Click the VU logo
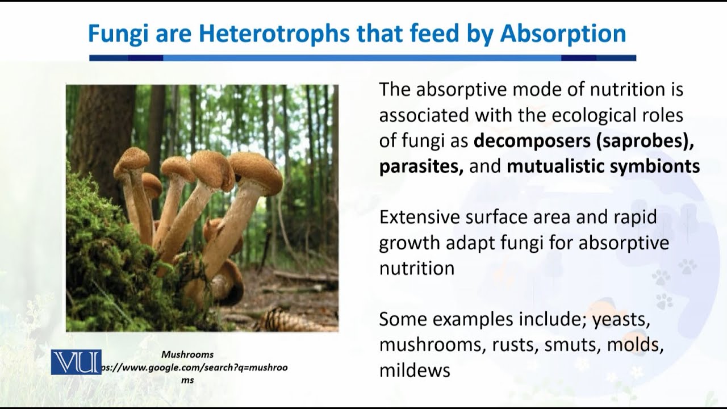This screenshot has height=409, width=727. [x=76, y=362]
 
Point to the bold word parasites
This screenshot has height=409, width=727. [x=421, y=167]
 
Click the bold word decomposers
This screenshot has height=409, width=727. [x=532, y=141]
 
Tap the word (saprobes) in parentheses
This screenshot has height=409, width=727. [x=645, y=141]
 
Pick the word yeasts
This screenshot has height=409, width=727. [x=621, y=320]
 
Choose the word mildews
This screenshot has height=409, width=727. [x=415, y=370]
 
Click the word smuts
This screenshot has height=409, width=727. [x=573, y=345]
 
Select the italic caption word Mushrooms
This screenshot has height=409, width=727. [x=187, y=354]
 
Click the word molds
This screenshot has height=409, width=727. [x=635, y=345]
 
